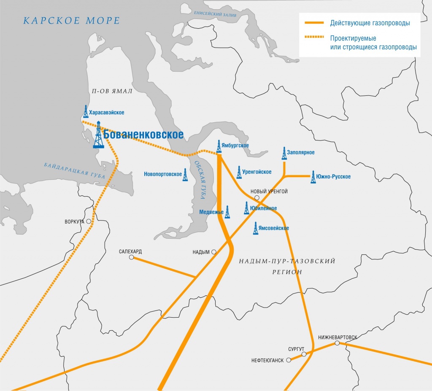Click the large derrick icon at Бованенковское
pyautogui.click(x=98, y=135)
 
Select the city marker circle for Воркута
pyautogui.click(x=89, y=221)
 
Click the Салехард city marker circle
pyautogui.click(x=131, y=257)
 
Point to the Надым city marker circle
pyautogui.click(x=214, y=252)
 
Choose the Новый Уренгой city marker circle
pyautogui.click(x=256, y=197)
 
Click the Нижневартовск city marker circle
pyautogui.click(x=337, y=343)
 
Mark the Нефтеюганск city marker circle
pyautogui.click(x=289, y=360)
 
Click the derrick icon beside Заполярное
pyautogui.click(x=284, y=154)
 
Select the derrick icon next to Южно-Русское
pyautogui.click(x=313, y=177)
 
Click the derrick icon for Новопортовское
pyautogui.click(x=185, y=175)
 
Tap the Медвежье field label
pyautogui.click(x=211, y=212)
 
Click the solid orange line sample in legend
pyautogui.click(x=312, y=23)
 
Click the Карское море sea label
pyautogui.click(x=71, y=21)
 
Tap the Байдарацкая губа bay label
pyautogui.click(x=74, y=172)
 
